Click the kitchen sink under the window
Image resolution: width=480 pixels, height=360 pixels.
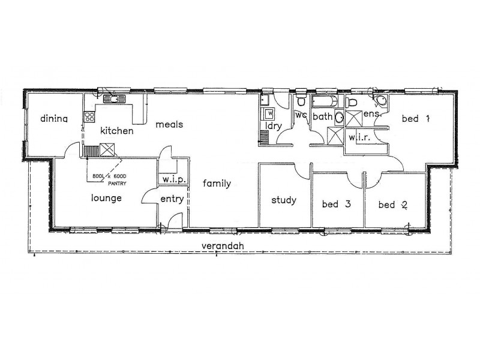(112, 99)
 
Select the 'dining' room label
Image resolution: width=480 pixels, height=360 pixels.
(54, 119)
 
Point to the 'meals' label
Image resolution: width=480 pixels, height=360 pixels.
(169, 125)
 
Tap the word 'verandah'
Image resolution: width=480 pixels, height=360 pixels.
(223, 246)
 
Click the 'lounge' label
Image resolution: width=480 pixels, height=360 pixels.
(107, 198)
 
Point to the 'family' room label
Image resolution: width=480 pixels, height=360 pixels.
(216, 184)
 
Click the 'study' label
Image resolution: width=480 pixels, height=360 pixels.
(283, 200)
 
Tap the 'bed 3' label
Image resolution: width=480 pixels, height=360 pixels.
(336, 205)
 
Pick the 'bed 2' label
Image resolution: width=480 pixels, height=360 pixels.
(393, 205)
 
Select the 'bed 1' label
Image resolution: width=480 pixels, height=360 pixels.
(416, 119)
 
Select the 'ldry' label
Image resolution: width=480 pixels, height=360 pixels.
(273, 126)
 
